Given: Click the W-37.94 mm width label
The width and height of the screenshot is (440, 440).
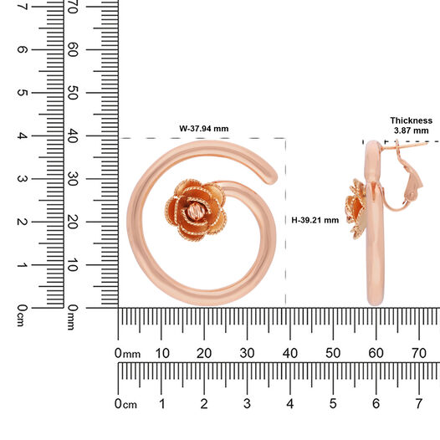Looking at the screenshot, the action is (x=204, y=129).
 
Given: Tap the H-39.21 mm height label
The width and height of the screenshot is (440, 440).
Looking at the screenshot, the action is (x=315, y=220).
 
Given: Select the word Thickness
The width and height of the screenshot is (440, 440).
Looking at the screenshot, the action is (x=411, y=120).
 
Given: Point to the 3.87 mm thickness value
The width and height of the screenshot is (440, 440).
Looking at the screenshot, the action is (x=411, y=130).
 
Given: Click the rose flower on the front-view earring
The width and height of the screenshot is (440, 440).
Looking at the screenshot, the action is (x=195, y=210).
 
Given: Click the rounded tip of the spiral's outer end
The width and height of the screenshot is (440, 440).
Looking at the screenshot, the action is (x=271, y=177).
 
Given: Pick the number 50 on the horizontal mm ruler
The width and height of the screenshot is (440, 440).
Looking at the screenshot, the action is (x=333, y=353).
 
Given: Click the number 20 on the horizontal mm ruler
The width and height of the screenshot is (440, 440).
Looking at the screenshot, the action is (x=204, y=353).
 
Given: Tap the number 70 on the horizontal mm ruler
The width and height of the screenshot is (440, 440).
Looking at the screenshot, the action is (x=419, y=353).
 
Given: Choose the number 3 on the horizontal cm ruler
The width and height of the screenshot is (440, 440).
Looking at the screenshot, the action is (x=247, y=404).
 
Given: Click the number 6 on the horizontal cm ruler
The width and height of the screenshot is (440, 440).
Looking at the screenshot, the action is (x=376, y=404).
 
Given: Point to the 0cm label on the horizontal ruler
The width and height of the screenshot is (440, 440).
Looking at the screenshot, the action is (x=125, y=404).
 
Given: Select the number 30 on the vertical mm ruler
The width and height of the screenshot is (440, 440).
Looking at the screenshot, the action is (x=73, y=179).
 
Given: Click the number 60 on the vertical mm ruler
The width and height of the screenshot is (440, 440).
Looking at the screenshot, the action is (x=73, y=49).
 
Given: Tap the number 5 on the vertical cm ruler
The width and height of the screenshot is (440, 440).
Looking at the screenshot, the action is (x=23, y=93).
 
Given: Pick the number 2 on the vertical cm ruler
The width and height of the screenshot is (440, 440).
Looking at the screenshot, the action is (x=23, y=222).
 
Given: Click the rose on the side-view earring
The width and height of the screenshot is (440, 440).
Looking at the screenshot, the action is (x=356, y=209).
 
